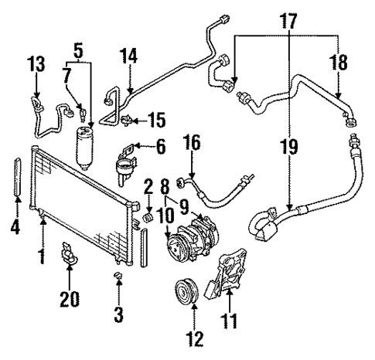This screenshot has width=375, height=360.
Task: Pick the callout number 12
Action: (x=194, y=337)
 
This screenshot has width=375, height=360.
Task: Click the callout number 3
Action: (x=118, y=315)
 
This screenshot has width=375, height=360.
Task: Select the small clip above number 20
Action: (x=67, y=254)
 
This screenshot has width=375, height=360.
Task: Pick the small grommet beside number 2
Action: (x=141, y=224)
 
